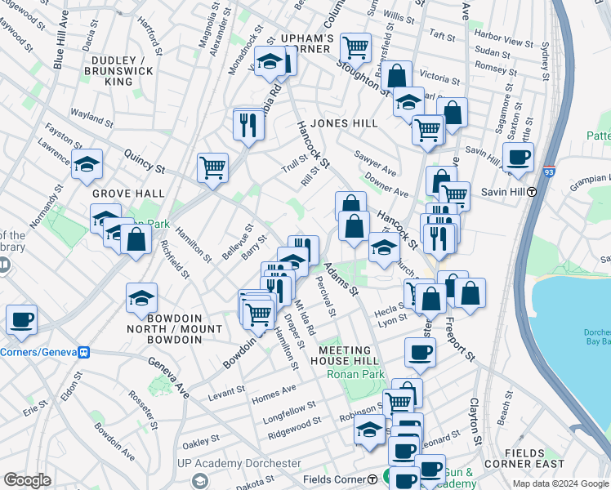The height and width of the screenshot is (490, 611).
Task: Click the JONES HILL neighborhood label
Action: tap(344, 122)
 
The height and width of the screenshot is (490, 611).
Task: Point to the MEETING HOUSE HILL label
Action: tap(348, 355)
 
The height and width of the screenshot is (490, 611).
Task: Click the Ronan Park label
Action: tap(355, 374)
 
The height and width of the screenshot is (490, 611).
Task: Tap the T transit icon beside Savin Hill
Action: tap(532, 192)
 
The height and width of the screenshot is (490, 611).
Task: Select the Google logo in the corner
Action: tap(27, 480)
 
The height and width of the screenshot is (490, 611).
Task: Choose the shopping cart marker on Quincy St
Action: tap(212, 167)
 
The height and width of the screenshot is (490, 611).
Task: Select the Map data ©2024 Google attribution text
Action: tap(560, 483)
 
